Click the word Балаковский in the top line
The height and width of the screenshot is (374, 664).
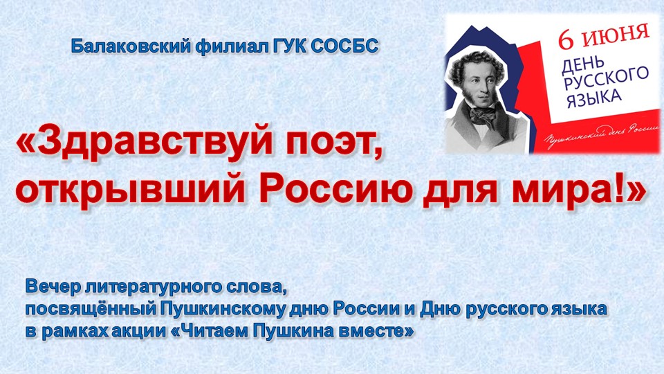coord(131,46)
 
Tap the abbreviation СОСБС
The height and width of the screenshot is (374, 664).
coord(344,46)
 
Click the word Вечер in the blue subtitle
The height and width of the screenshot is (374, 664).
coord(53,287)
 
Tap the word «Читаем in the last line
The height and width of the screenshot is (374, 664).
coord(210,332)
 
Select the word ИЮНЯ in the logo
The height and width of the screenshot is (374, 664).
coord(615,33)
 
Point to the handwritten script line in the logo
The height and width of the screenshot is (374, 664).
coord(602,134)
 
